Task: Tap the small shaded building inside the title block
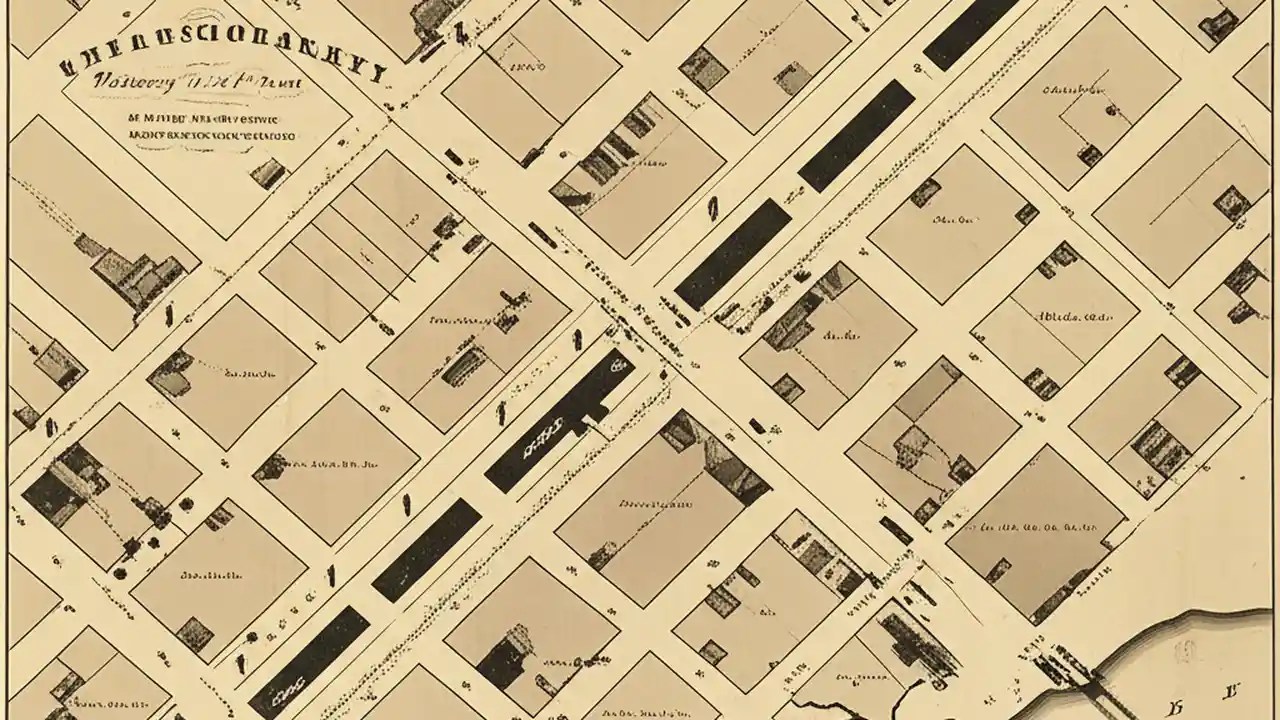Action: (x=268, y=174)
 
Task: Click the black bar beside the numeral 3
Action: (x=427, y=549)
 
